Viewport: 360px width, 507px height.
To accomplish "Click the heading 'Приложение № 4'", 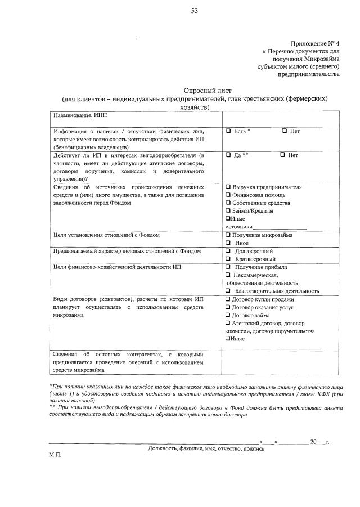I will pos(315,43).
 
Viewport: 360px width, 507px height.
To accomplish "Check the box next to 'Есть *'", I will pos(228,131).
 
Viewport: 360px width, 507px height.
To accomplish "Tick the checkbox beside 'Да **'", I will pos(228,155).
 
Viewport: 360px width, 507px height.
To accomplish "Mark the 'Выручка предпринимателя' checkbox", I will pos(228,187).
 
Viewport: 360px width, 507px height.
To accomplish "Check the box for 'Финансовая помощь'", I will pos(228,195).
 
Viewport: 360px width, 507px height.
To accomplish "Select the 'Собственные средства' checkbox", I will pos(228,203).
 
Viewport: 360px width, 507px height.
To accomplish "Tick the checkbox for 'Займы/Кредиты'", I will pos(228,210).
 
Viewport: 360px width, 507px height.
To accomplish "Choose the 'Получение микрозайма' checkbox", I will pos(228,235).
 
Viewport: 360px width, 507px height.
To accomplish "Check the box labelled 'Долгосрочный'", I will pos(228,250).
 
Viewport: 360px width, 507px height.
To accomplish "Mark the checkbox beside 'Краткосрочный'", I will pos(228,258).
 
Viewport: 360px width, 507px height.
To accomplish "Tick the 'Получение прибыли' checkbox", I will pos(228,267).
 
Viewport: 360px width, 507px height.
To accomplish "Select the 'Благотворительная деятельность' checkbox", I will pos(228,291).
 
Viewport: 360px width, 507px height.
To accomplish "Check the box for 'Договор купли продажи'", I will pos(228,299).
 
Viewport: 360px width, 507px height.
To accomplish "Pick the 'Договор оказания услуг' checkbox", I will pos(228,307).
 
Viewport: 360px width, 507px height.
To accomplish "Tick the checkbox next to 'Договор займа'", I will pos(228,315).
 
